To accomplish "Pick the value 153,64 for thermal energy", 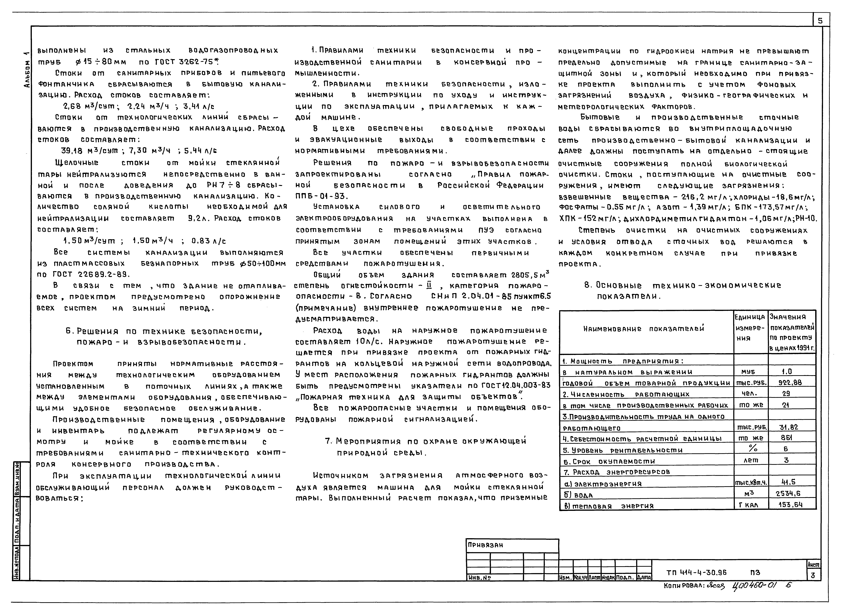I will [792, 505].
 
